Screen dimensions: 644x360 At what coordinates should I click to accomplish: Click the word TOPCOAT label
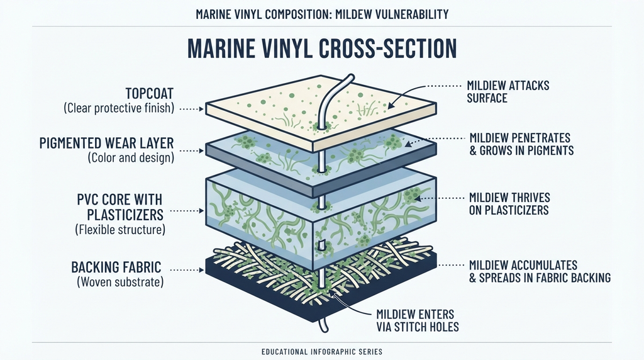[x=150, y=94]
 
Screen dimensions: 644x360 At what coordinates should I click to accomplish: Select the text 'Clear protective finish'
[x=119, y=108]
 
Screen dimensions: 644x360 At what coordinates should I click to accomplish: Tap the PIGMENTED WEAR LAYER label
[x=107, y=143]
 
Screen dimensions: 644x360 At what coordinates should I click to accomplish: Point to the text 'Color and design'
[x=131, y=157]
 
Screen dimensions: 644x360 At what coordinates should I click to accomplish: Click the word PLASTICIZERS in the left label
[x=125, y=215]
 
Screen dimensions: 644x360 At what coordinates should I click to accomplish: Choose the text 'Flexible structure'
[x=120, y=229]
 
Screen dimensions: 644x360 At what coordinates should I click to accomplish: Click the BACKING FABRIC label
[x=116, y=267]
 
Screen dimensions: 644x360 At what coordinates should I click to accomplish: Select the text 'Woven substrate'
[x=120, y=282]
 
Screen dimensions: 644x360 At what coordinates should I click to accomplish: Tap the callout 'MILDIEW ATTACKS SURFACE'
[x=508, y=92]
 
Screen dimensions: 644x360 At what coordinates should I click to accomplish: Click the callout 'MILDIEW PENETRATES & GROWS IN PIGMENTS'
[x=521, y=144]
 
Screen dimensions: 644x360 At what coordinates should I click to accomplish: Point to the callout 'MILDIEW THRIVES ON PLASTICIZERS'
[x=509, y=204]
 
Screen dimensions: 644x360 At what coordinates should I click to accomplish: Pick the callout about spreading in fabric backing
[x=540, y=271]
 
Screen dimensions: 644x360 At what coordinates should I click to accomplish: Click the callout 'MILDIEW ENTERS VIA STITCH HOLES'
[x=418, y=320]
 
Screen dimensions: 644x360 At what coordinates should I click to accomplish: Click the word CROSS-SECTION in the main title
[x=387, y=49]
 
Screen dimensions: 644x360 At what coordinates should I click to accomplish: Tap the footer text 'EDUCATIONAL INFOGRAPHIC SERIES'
[x=322, y=352]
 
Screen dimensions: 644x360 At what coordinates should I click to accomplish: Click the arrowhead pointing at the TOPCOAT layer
[x=201, y=109]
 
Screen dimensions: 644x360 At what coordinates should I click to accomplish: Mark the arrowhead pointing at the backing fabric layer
[x=201, y=270]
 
